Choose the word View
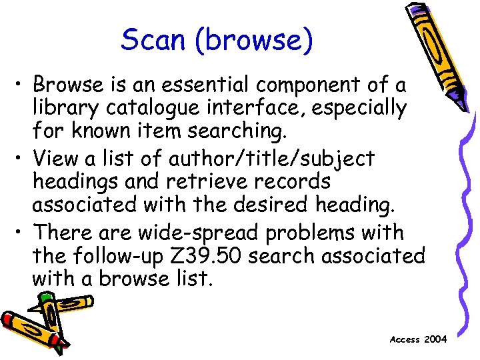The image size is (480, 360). point(58,159)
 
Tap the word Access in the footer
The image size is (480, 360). point(405,339)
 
